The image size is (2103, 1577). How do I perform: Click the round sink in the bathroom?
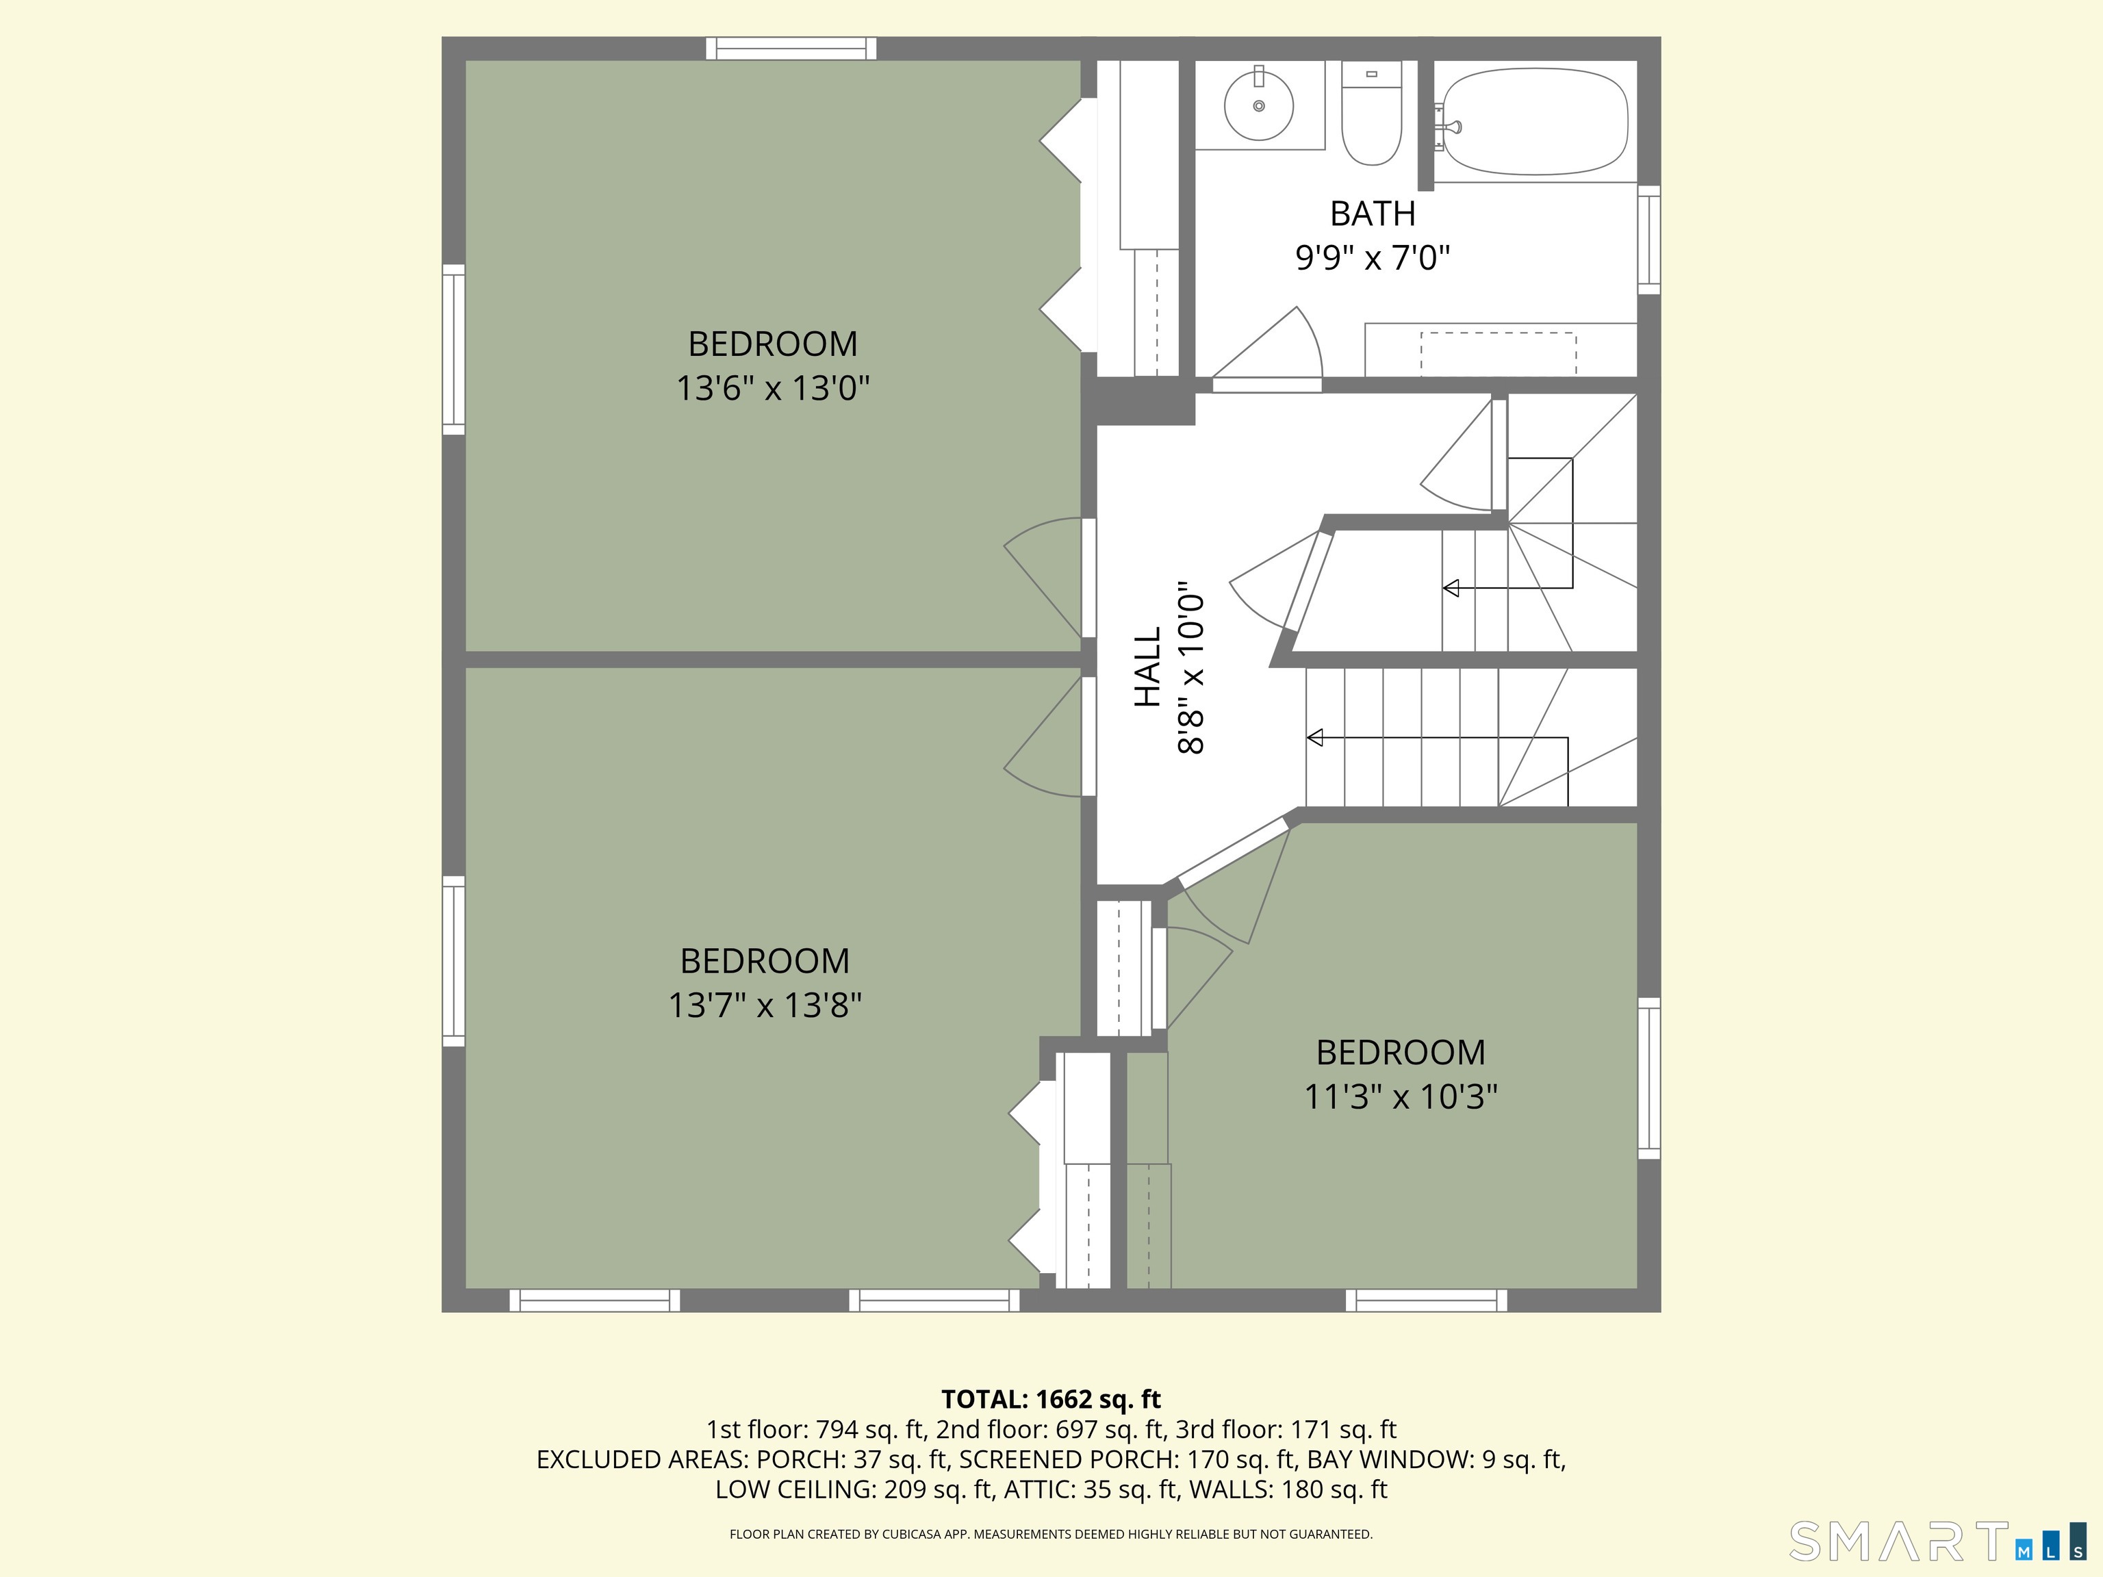pyautogui.click(x=1259, y=105)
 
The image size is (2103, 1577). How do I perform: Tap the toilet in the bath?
pyautogui.click(x=1371, y=113)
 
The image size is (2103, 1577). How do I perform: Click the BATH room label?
pyautogui.click(x=1372, y=214)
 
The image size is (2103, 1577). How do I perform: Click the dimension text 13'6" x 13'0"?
pyautogui.click(x=773, y=388)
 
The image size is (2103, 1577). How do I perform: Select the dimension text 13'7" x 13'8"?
pyautogui.click(x=765, y=1005)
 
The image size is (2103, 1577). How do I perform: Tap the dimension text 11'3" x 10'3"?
pyautogui.click(x=1401, y=1097)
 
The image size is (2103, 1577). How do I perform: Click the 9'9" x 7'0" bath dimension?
pyautogui.click(x=1372, y=257)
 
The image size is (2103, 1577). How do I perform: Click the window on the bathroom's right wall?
pyautogui.click(x=1648, y=240)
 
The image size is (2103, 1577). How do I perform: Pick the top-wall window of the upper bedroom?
pyautogui.click(x=791, y=49)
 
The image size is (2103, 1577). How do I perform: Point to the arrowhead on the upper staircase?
pyautogui.click(x=1451, y=589)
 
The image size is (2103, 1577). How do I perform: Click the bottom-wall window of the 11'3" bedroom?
pyautogui.click(x=1426, y=1300)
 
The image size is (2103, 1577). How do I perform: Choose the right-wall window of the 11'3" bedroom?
pyautogui.click(x=1648, y=1079)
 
